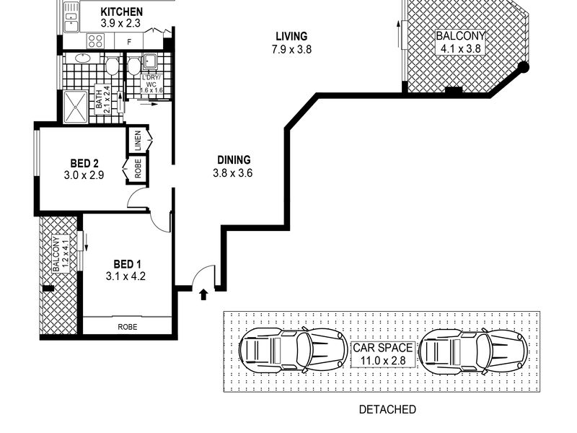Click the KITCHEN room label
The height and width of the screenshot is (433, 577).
coord(121,12)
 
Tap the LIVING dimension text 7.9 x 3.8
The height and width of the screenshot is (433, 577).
coord(292,49)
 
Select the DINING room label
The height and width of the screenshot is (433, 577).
coord(234,159)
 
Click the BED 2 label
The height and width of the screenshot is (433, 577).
coord(84,163)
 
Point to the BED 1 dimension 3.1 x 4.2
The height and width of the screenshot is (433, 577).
coord(125,276)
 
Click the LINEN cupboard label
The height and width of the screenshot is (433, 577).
coord(138,141)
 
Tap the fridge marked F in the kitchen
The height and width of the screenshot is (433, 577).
coord(129,42)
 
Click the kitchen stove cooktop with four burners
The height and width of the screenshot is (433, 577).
coord(95,41)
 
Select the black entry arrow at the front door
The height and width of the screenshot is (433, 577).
coord(203,294)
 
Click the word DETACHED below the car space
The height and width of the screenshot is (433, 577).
coord(387,409)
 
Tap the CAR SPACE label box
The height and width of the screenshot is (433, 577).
coord(383,354)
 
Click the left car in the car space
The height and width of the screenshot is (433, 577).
coord(294,350)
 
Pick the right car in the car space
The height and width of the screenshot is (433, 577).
coord(473,351)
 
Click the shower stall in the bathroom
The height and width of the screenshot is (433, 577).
coord(76,107)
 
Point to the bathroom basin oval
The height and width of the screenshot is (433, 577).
coord(83,58)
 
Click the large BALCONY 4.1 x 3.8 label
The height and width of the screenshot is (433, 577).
coord(460,42)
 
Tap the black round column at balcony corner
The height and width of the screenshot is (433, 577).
coord(523,67)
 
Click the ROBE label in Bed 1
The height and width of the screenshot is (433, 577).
coord(128,327)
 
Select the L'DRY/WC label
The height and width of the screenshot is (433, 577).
coord(151,84)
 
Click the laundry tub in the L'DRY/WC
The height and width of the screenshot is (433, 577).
coord(150,61)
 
